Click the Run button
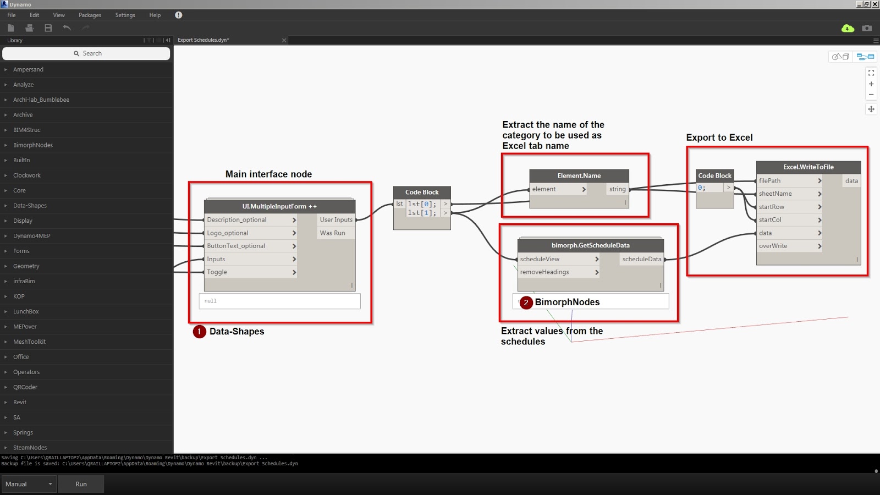coord(81,484)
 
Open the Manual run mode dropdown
coord(29,484)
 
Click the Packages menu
coord(90,15)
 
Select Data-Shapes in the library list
coord(30,206)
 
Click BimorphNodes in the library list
coord(33,145)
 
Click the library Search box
coord(86,53)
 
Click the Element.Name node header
coord(579,175)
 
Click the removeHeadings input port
coord(558,272)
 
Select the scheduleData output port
coord(641,259)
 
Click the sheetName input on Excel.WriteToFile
coord(789,194)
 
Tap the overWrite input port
coord(789,246)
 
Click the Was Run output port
coord(333,233)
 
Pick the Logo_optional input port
coord(250,233)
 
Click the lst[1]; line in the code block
coord(422,213)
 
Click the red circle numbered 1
coord(199,332)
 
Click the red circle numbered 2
coord(526,302)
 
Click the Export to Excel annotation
coord(719,137)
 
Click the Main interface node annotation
coord(268,174)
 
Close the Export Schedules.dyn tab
coord(284,40)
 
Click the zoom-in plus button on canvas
coord(871,84)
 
